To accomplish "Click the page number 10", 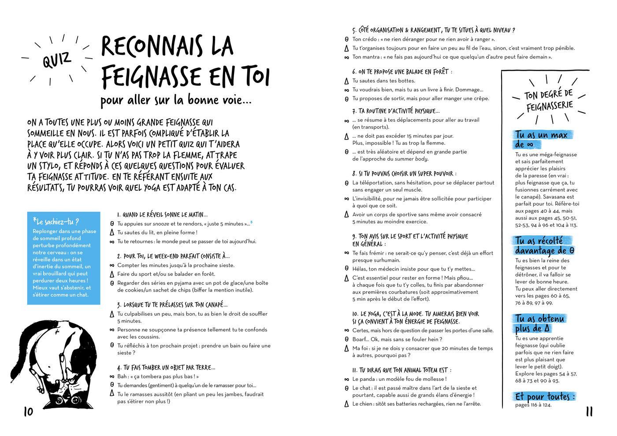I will (x=28, y=412).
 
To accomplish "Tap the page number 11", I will (x=589, y=412).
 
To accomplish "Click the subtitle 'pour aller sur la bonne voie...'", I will (x=176, y=100).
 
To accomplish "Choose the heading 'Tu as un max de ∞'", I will (x=541, y=139).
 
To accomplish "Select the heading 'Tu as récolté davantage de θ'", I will (x=544, y=246).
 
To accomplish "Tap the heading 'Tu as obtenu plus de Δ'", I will (x=539, y=323).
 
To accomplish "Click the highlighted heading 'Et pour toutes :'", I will (x=545, y=397).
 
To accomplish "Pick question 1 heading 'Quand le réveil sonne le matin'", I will (x=162, y=215).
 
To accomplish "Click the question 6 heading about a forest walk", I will (x=402, y=71).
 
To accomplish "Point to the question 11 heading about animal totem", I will (x=401, y=370).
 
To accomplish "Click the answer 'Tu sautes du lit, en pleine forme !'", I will (x=157, y=233).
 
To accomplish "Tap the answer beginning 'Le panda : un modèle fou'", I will (x=399, y=379).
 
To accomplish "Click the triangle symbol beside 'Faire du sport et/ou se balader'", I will (x=112, y=274).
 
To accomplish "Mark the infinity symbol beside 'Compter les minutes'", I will (x=112, y=265).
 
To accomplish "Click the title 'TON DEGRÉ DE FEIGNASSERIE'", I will (x=549, y=100).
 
